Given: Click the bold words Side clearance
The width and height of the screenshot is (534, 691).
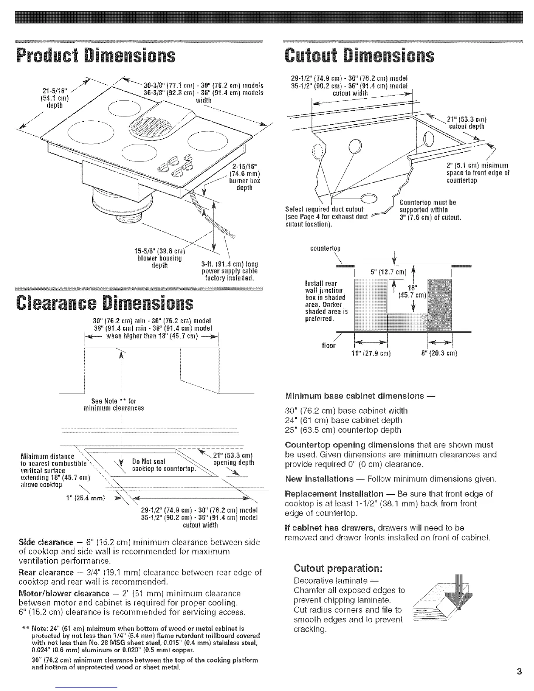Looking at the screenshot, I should (46, 542).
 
